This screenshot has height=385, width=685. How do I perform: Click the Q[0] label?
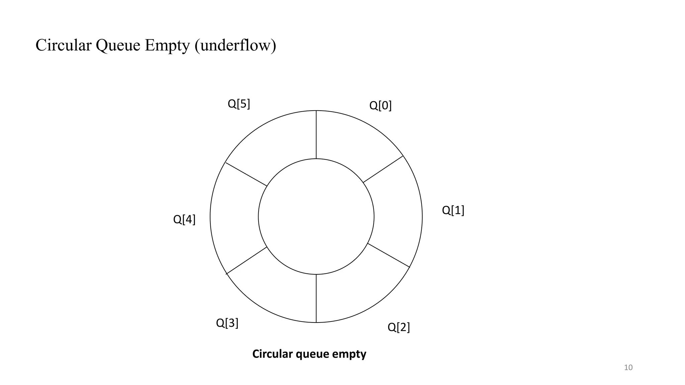(380, 106)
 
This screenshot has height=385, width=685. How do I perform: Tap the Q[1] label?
(453, 210)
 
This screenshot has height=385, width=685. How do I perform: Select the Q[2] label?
(398, 327)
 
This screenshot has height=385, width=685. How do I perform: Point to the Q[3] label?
(227, 323)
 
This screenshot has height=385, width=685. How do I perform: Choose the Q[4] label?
(184, 220)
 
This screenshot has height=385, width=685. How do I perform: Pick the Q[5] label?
(239, 104)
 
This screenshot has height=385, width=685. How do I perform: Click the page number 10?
(628, 368)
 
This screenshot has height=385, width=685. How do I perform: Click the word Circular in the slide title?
(64, 45)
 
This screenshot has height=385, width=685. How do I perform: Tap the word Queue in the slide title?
(118, 46)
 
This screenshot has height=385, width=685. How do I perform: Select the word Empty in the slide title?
(167, 46)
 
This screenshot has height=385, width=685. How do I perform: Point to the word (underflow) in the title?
(235, 46)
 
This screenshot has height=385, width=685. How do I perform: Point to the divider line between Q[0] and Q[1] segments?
(383, 169)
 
